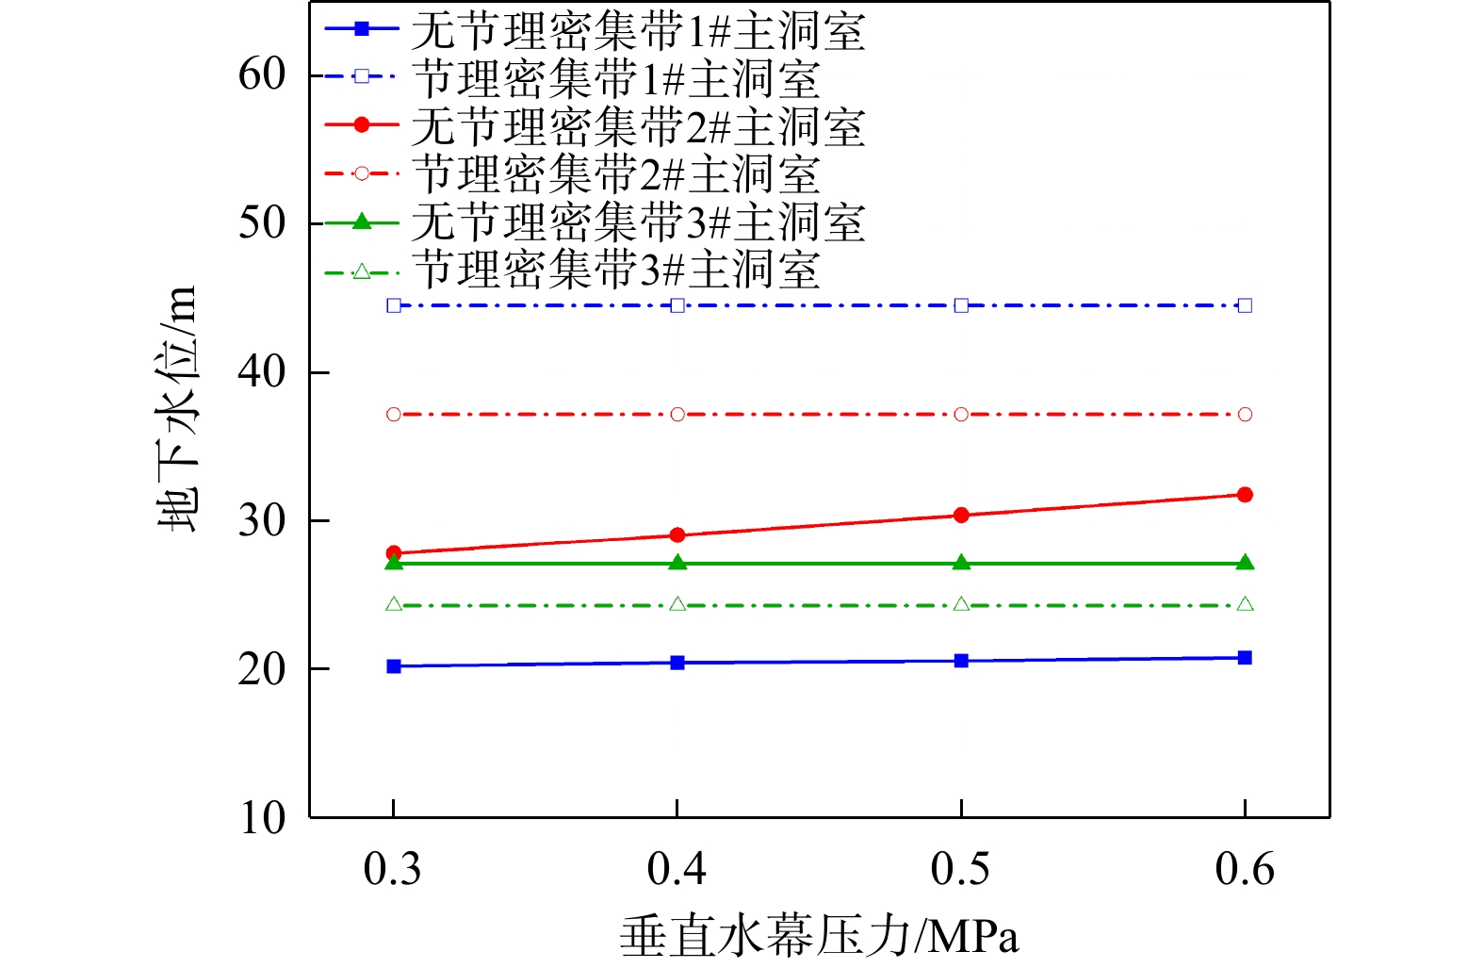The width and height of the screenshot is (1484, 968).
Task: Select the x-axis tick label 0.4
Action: (677, 869)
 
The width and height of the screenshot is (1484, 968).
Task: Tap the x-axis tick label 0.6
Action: (1245, 869)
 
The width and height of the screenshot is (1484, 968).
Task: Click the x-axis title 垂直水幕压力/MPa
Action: (819, 938)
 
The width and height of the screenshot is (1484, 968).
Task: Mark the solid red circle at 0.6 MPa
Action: (1245, 495)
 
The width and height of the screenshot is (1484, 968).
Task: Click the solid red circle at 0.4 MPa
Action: (677, 535)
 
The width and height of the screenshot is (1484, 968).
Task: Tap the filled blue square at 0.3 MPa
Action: (394, 666)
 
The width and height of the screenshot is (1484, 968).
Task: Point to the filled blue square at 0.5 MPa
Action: (961, 661)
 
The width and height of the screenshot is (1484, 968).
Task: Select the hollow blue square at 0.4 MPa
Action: (677, 305)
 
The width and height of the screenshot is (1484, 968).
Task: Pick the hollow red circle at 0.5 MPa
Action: (961, 415)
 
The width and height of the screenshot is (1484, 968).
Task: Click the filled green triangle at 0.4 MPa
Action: (677, 563)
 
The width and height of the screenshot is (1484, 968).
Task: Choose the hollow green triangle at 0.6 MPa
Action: (1245, 604)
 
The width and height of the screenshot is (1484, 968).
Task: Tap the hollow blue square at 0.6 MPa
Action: (1245, 305)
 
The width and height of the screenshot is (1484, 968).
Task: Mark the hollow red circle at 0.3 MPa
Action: (394, 415)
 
